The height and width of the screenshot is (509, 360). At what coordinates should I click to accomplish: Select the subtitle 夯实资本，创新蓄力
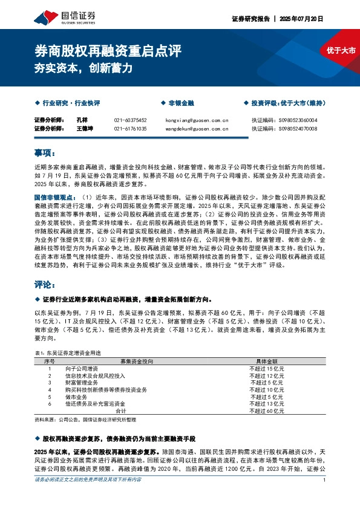(83, 68)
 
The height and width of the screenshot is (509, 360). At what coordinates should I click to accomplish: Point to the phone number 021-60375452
(130, 120)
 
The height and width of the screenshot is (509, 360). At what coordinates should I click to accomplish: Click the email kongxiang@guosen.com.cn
(197, 120)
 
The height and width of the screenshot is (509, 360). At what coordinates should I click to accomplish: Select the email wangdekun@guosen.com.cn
(197, 129)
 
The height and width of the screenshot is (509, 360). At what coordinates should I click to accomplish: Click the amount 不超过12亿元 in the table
(267, 375)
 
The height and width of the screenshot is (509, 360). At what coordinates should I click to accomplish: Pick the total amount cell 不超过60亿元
(267, 410)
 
